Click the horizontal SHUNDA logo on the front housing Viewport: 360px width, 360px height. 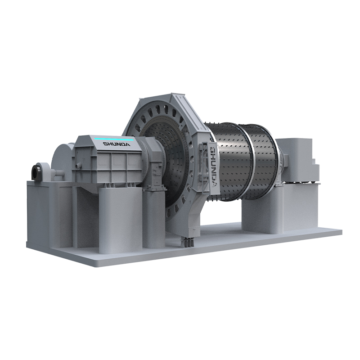117,144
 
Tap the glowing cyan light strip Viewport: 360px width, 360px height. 114,139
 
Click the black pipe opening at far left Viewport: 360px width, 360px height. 36,172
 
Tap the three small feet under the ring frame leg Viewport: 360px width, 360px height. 188,243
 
